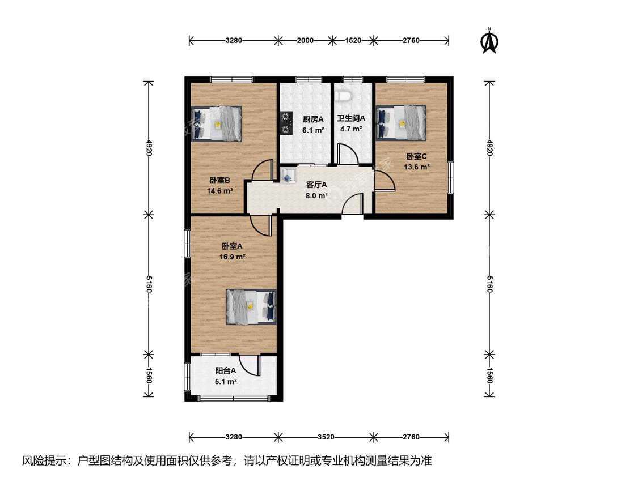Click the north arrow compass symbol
tap(490, 41)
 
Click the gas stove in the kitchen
tap(286, 123)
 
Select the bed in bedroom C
tap(401, 123)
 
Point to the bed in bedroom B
tap(217, 124)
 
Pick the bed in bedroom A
tap(251, 307)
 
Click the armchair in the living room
tap(288, 175)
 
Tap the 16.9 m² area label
tap(233, 257)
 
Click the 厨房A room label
tap(313, 119)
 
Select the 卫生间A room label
tap(351, 118)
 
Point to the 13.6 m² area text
tap(417, 167)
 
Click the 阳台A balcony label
tap(226, 371)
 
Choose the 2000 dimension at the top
tap(305, 40)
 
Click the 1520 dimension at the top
tap(353, 40)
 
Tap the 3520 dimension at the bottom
tap(326, 437)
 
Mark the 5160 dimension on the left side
tap(149, 284)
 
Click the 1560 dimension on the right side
tap(490, 375)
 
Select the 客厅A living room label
tap(316, 185)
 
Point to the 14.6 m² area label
tap(219, 191)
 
